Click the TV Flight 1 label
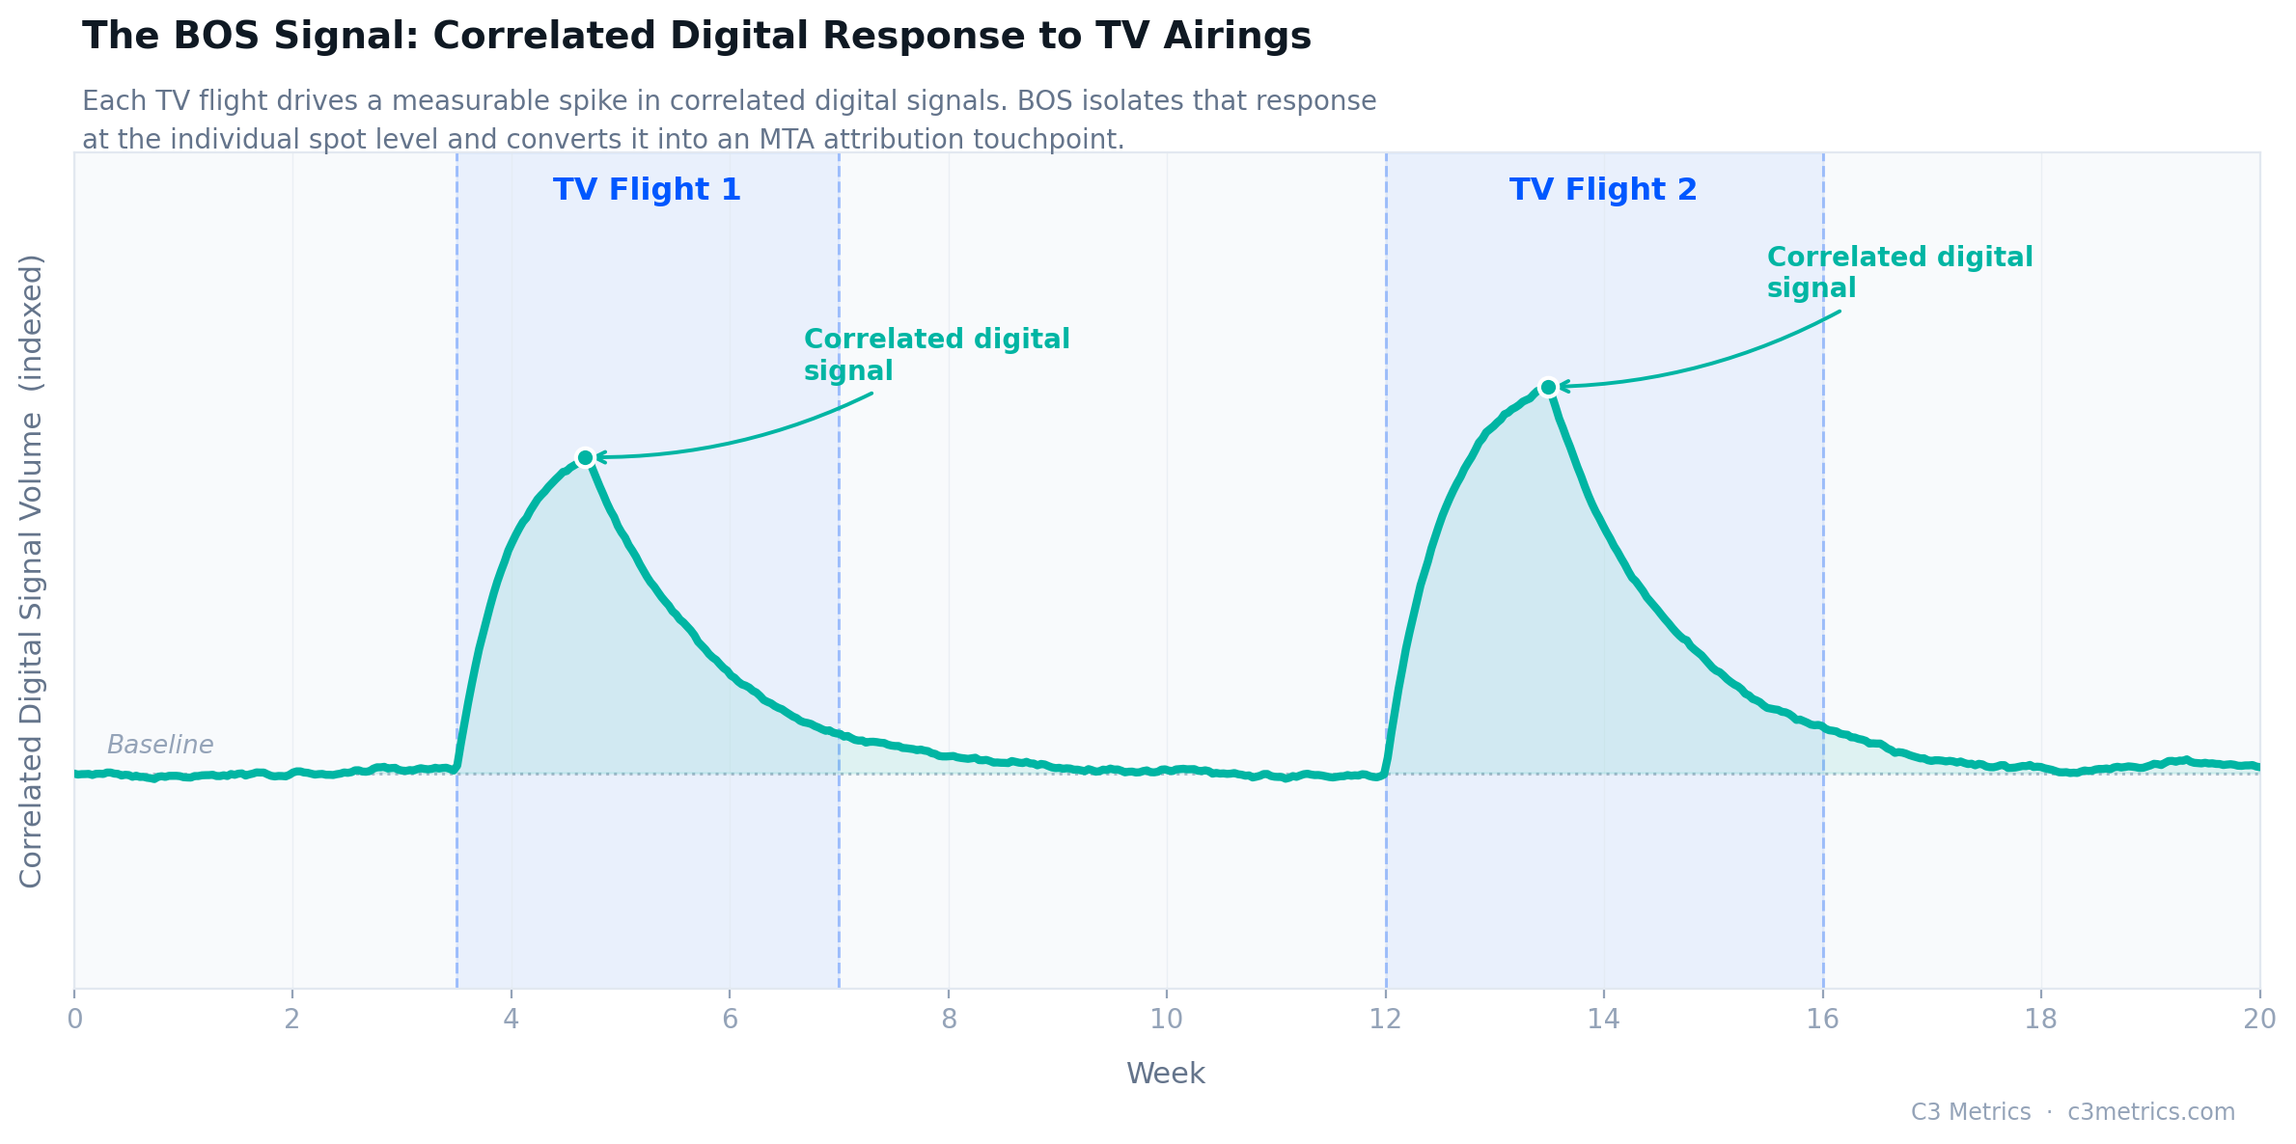coord(647,190)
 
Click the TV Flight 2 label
coord(1603,190)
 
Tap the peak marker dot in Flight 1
coord(585,457)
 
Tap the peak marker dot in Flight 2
coord(1548,387)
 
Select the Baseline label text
coord(160,745)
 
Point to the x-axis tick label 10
coord(1167,1020)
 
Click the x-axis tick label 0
coord(74,1020)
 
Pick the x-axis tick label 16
coord(1822,1020)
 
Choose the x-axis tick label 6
coord(730,1020)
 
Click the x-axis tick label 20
coord(2258,1020)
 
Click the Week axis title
coord(1166,1074)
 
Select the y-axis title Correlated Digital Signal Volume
coord(32,571)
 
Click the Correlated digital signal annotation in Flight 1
coord(936,355)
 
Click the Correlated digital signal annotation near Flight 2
coord(1898,272)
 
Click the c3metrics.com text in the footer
coord(2151,1112)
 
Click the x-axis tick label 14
coord(1603,1020)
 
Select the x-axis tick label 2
coord(291,1020)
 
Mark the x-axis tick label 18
coord(2040,1020)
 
